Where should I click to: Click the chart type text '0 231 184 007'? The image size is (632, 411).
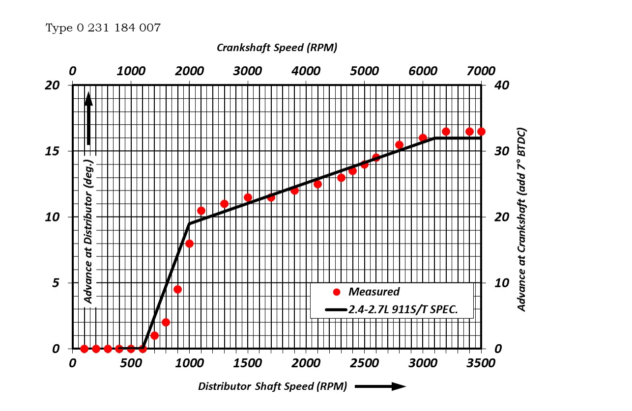pos(118,28)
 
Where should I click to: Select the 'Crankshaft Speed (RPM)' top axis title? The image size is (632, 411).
pos(277,48)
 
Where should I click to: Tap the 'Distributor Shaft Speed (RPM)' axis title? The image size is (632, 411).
pos(272,386)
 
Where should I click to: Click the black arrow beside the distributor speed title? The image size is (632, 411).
pos(380,386)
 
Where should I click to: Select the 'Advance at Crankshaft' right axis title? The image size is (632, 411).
pos(522,219)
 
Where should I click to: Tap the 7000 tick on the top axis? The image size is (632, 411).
pos(481,71)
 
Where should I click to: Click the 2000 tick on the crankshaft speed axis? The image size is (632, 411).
pos(189,71)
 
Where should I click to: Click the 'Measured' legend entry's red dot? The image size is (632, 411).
pos(337,292)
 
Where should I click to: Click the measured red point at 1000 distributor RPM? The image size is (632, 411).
pos(189,244)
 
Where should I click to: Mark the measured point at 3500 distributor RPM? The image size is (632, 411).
pos(481,132)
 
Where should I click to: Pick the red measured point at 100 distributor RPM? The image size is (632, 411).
pos(84,349)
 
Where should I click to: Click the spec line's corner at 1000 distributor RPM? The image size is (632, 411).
pos(189,224)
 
